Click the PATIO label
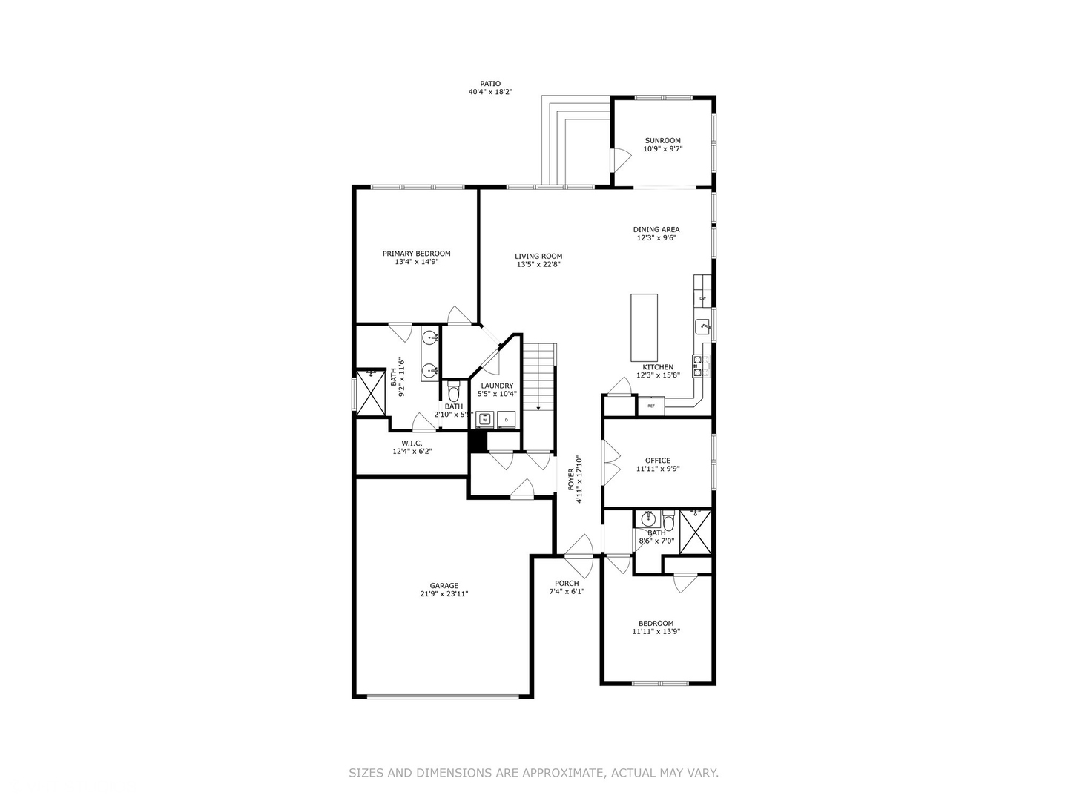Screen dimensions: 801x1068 490,84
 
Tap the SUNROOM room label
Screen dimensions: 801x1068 662,140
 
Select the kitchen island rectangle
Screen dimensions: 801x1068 644,327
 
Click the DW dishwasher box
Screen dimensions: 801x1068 702,299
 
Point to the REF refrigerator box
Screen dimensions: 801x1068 651,406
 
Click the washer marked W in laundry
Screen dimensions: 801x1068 484,419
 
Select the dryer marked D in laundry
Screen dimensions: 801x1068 507,419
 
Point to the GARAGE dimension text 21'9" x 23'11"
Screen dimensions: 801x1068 444,593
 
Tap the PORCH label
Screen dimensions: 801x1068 567,584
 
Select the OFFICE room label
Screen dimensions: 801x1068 657,460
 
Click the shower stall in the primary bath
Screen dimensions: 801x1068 369,392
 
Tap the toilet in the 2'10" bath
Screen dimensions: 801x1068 454,392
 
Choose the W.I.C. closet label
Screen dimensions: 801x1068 412,443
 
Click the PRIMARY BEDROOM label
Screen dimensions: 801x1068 416,253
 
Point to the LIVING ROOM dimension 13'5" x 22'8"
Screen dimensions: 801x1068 538,264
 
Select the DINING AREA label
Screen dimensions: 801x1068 656,229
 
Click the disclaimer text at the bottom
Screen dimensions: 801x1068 533,773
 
